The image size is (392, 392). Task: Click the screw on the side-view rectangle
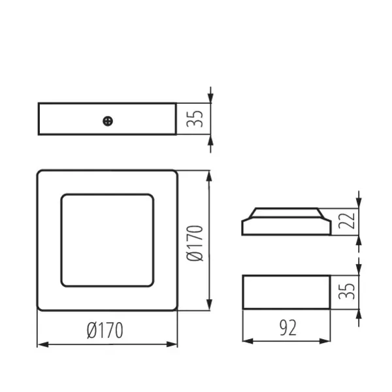108,120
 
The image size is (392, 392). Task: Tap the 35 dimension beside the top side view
197,119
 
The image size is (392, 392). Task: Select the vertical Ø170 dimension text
197,241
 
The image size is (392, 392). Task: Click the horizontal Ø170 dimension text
105,331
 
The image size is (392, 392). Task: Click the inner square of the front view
107,240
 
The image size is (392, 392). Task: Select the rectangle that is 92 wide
286,291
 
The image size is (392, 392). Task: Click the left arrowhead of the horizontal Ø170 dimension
41,344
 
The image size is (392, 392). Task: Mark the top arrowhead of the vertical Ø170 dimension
208,176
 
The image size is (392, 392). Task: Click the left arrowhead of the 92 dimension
247,340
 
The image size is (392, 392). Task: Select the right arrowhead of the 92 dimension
325,340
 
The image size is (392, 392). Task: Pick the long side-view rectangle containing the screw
72,120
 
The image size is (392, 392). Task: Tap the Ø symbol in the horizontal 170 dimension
92,331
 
